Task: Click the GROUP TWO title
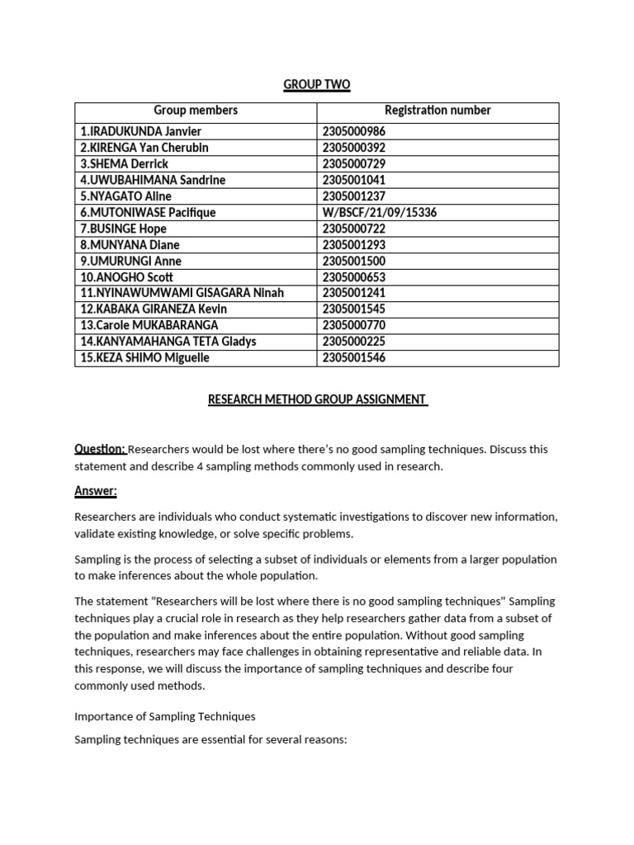pos(317,84)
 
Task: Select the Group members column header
pos(196,111)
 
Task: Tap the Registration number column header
pos(438,111)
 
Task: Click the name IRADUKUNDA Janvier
pos(140,131)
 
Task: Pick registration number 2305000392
pos(354,148)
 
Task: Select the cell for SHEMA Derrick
pos(124,163)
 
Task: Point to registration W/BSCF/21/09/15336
pos(379,212)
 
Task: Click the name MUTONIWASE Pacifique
pos(148,212)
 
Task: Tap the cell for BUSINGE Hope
pos(123,229)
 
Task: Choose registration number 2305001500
pos(354,261)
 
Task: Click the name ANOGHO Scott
pos(127,277)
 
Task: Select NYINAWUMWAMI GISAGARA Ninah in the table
pos(182,293)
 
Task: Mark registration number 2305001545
pos(354,309)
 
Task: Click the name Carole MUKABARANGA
pos(149,325)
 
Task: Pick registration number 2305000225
pos(354,342)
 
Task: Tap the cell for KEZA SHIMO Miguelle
pos(145,357)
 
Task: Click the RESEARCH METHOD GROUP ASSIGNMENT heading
pos(317,400)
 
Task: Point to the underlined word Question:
pos(100,449)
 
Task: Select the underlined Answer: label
pos(96,492)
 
